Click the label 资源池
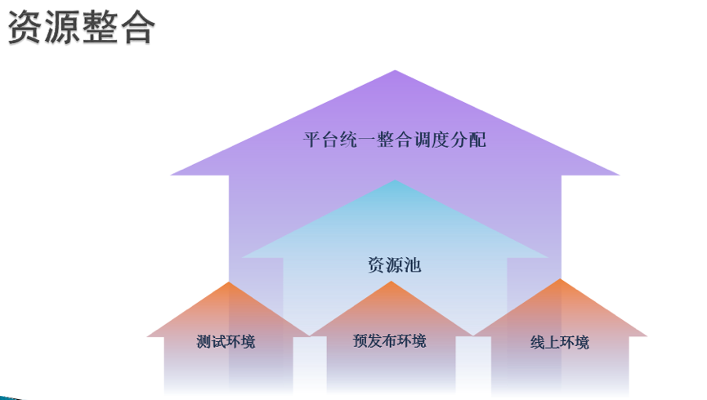coord(395,265)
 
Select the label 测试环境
coord(226,341)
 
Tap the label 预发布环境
coord(390,340)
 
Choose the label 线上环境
coord(560,342)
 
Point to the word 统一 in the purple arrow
coord(358,140)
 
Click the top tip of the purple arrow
coord(396,71)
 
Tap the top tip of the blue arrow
coord(396,181)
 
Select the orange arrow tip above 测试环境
coord(229,283)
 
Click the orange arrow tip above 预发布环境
coord(392,282)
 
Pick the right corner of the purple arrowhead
coord(619,174)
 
